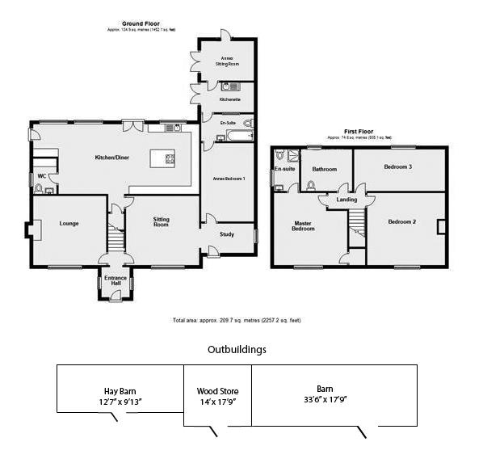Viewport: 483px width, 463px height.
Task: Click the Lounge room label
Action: coord(68,223)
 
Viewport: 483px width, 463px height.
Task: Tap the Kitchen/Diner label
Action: coord(112,157)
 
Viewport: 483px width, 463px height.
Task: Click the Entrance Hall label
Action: coord(115,282)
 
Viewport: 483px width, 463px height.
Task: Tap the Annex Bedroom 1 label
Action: coord(229,178)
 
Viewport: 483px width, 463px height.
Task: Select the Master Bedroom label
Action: coord(303,225)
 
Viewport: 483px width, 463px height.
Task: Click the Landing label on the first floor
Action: coord(346,199)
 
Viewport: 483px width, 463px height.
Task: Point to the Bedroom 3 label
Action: coord(398,166)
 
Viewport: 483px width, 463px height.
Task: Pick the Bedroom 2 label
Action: coord(401,221)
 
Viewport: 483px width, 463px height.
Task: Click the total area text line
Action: coord(237,320)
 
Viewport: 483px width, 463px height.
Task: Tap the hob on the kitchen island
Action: coord(170,158)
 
